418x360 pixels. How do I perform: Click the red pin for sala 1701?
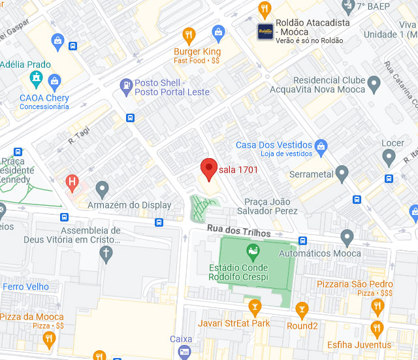click(208, 169)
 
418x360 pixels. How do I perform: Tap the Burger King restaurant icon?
click(189, 35)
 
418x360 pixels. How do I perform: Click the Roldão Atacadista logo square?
click(265, 31)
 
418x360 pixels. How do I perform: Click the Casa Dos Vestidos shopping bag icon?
click(321, 145)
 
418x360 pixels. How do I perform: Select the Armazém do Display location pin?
click(101, 189)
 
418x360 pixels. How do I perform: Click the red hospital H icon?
click(72, 181)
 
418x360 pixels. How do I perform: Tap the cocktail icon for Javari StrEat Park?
click(255, 306)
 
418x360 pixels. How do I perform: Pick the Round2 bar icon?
click(301, 309)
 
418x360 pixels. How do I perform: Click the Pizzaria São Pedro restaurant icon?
click(378, 306)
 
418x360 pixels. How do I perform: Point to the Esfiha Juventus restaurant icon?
click(376, 328)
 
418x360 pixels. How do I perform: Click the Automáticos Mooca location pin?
click(347, 237)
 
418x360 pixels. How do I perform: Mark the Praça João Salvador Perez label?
click(270, 206)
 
